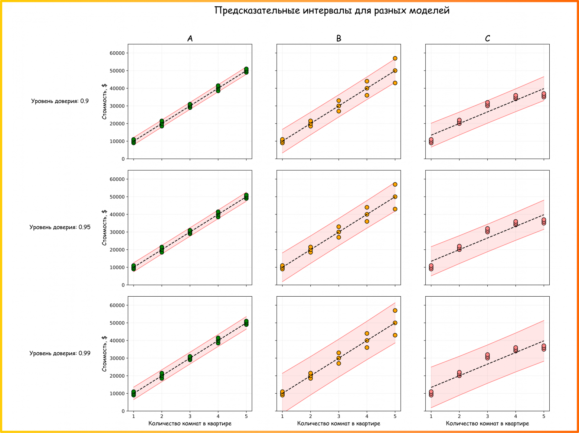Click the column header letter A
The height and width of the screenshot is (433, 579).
(x=190, y=39)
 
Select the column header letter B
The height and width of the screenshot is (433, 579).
(x=338, y=39)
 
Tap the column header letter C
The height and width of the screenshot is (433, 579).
(x=487, y=39)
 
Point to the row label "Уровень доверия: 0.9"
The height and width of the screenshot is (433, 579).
(x=60, y=101)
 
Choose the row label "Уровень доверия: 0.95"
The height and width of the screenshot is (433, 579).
(x=60, y=227)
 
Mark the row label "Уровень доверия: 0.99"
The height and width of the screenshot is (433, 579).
(x=60, y=353)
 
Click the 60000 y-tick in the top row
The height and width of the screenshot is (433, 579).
(x=117, y=53)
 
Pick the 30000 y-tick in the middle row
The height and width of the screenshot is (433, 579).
(x=117, y=232)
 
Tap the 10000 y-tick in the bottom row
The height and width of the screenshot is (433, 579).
(x=117, y=393)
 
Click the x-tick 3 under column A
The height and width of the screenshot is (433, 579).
(x=190, y=416)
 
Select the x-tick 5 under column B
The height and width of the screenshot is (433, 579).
(x=395, y=416)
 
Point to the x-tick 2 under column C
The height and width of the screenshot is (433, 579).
(x=459, y=416)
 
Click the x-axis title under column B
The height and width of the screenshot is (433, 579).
(x=338, y=423)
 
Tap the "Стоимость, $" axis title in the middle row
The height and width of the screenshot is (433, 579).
(x=104, y=227)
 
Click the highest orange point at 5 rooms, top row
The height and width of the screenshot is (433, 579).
(x=395, y=58)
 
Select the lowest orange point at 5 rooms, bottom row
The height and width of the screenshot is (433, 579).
(x=395, y=335)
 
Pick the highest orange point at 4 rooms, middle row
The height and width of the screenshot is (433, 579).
(x=367, y=207)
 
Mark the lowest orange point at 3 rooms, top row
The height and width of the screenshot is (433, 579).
(x=338, y=111)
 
